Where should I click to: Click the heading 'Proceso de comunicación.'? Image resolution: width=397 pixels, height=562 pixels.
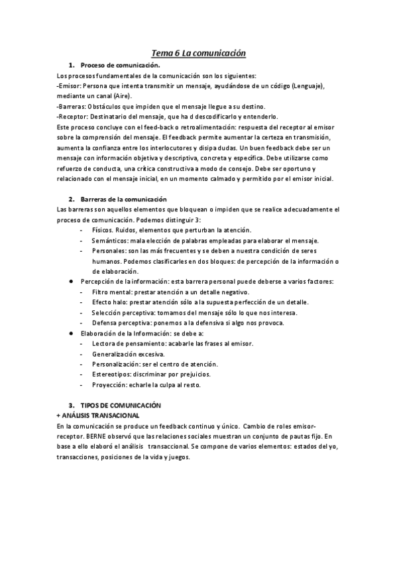pyautogui.click(x=120, y=66)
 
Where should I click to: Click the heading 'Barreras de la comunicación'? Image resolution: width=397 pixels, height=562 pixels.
pyautogui.click(x=123, y=199)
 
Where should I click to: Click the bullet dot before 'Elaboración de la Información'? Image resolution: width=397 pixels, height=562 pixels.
pyautogui.click(x=70, y=333)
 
